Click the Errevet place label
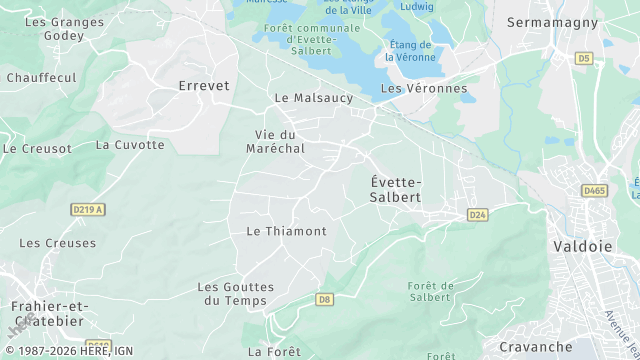pos(204,86)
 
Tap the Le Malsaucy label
pos(314,98)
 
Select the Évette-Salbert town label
pos(396,189)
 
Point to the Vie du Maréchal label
pos(275,141)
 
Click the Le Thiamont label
pos(286,231)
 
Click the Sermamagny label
pos(552,22)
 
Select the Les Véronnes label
pos(424,88)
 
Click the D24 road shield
pos(477,215)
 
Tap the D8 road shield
pos(323,299)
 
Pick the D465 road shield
pos(594,190)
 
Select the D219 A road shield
pos(88,209)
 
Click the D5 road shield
pos(584,58)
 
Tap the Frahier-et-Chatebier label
pos(47,313)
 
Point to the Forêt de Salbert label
pos(432,291)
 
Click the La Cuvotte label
pos(130,144)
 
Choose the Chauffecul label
pos(41,77)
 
